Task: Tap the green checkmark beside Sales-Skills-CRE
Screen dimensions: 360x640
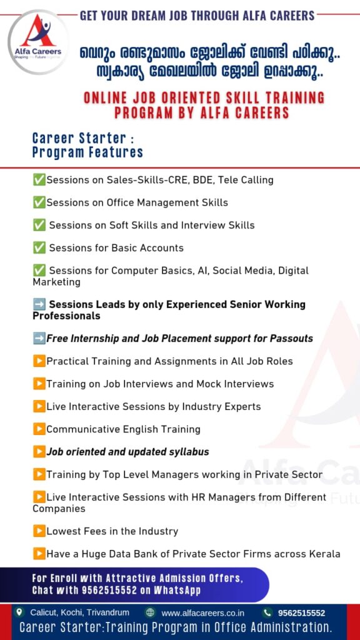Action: pos(39,179)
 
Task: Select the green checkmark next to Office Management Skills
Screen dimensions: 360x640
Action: pos(39,202)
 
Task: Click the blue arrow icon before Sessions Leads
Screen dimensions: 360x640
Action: pos(39,304)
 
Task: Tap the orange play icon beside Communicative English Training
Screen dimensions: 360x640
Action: pos(39,429)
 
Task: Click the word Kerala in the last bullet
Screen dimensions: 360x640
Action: pos(325,554)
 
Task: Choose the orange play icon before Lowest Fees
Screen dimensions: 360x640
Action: pos(39,531)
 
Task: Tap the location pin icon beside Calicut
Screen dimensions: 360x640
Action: pos(18,612)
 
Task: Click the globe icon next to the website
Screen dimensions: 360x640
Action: pos(150,612)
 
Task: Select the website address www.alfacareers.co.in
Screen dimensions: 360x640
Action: pos(203,612)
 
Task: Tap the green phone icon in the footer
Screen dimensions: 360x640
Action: pos(267,612)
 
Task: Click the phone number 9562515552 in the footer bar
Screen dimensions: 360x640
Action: pos(302,612)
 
